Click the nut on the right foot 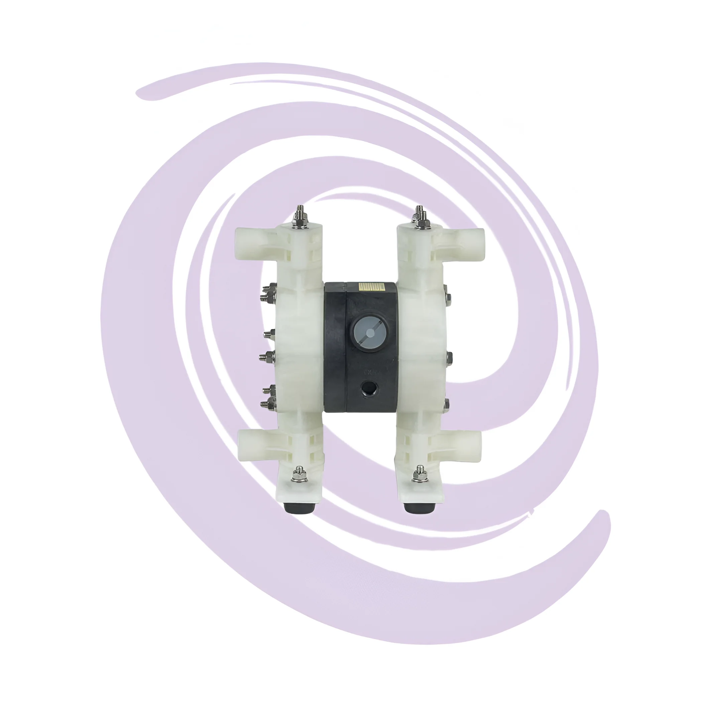click(x=420, y=475)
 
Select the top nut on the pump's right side click(x=448, y=298)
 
